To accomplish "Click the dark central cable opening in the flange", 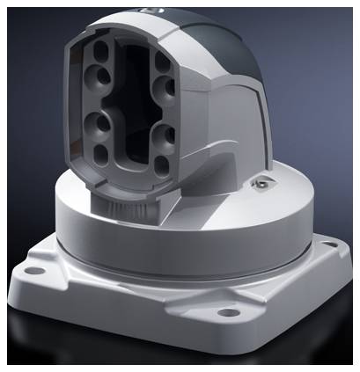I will tap(133, 110).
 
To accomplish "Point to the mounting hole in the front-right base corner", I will tap(227, 311).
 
